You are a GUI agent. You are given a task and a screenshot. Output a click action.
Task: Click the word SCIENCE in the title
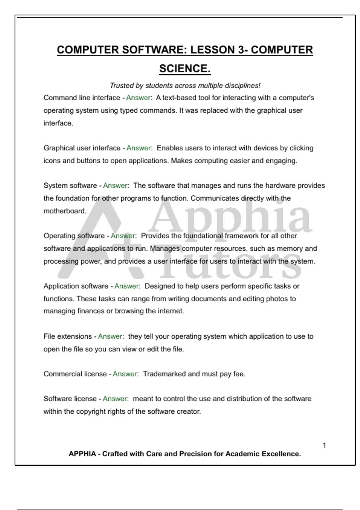click(x=184, y=69)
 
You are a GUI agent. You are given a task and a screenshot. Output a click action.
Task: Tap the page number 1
click(x=324, y=445)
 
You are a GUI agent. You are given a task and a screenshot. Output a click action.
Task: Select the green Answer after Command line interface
click(x=138, y=98)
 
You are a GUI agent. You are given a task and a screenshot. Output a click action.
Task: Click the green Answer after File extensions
click(x=110, y=336)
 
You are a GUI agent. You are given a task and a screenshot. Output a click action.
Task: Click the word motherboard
click(x=64, y=211)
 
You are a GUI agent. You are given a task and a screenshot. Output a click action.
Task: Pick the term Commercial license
click(x=75, y=374)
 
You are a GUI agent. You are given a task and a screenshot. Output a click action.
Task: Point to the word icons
click(x=52, y=161)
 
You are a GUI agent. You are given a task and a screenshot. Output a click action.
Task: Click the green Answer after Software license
click(x=115, y=399)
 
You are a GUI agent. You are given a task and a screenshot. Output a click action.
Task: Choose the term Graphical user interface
click(x=82, y=148)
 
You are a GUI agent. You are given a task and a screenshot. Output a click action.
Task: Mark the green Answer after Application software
click(x=126, y=286)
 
